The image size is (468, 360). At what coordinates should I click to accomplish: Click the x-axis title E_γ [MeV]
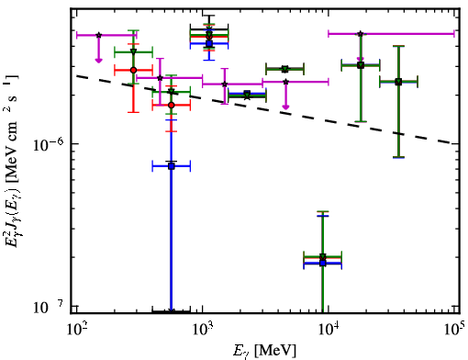pos(264,351)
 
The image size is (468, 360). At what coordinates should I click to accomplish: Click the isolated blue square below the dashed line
pos(172,166)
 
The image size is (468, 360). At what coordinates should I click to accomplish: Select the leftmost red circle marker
pos(133,70)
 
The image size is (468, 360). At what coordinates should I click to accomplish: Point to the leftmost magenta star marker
pos(98,35)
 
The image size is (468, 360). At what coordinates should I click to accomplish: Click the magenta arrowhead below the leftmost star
pos(98,61)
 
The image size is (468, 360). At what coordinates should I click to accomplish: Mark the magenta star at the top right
pos(361,34)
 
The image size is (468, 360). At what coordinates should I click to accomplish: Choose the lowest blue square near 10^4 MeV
pos(323,263)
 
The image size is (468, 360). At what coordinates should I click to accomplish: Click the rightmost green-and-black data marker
pos(398,82)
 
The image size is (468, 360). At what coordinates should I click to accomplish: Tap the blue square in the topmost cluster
pos(209,43)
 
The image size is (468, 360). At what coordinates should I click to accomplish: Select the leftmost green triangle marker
pos(133,51)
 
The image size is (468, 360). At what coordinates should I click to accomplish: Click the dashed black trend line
pos(265,109)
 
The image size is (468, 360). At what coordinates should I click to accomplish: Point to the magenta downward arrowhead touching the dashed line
pos(285,107)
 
